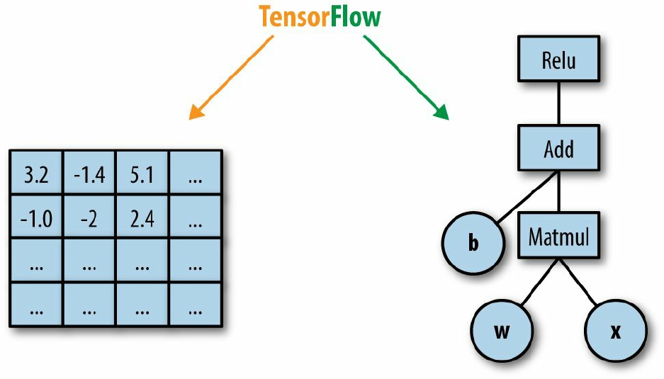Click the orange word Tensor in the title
[294, 16]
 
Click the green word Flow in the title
[356, 16]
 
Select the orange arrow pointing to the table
[231, 78]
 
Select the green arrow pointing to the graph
[406, 78]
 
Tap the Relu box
[558, 59]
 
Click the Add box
[558, 148]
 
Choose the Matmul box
[558, 235]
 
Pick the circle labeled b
[473, 243]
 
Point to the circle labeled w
[502, 331]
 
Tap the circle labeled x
[616, 331]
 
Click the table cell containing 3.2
[36, 173]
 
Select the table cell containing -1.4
[89, 173]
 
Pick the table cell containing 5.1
[142, 173]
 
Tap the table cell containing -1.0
[36, 217]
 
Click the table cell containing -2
[89, 217]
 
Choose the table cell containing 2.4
[142, 217]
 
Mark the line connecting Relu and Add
[558, 103]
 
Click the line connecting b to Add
[527, 196]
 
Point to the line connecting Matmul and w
[540, 281]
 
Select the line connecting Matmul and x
[578, 281]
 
